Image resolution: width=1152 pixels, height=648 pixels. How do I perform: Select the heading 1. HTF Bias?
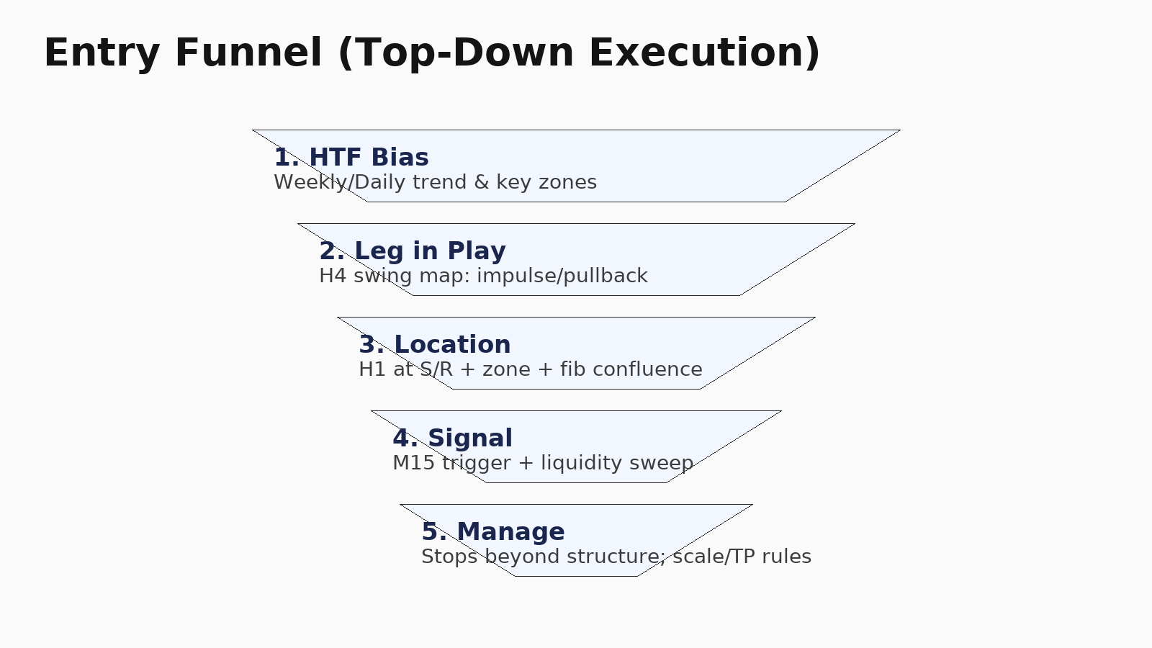351,158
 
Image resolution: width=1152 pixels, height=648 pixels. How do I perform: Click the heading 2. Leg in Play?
413,251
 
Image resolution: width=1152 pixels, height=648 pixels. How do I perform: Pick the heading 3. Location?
435,345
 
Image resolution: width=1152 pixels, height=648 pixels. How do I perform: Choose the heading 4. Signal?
452,438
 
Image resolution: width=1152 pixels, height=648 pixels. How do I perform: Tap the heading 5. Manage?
493,532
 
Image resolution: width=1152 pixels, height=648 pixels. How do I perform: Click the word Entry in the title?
102,53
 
